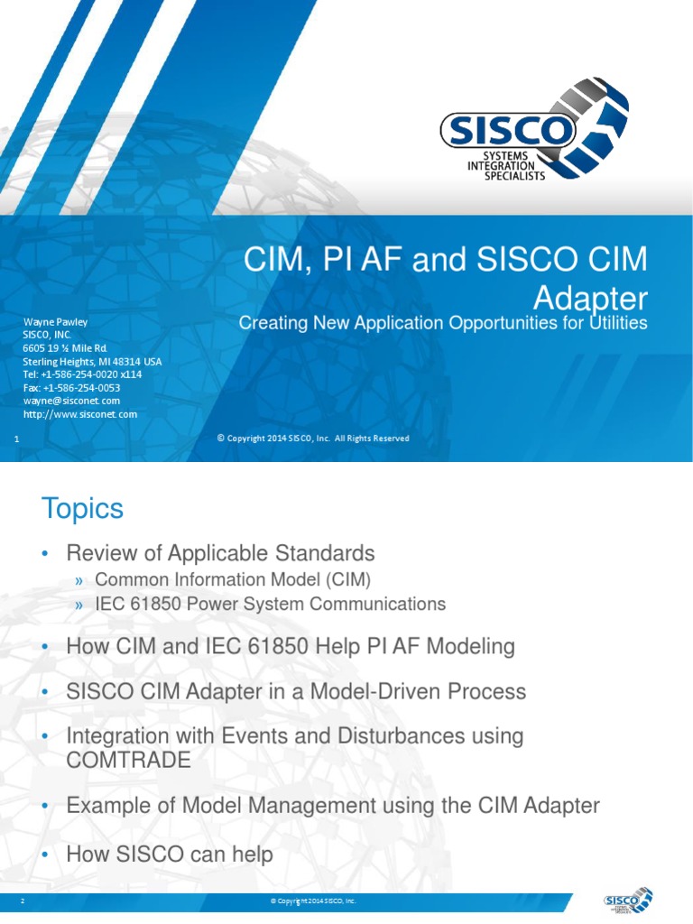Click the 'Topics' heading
pyautogui.click(x=82, y=509)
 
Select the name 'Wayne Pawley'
pyautogui.click(x=55, y=321)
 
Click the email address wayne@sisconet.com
pyautogui.click(x=71, y=401)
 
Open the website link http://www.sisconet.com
pyautogui.click(x=79, y=414)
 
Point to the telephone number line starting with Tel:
pyautogui.click(x=82, y=374)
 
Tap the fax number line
pyautogui.click(x=71, y=388)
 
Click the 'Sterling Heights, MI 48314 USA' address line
pyautogui.click(x=92, y=361)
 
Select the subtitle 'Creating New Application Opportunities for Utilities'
pyautogui.click(x=443, y=323)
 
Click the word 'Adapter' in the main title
pyautogui.click(x=590, y=297)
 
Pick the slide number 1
pyautogui.click(x=18, y=439)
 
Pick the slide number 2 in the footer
pyautogui.click(x=22, y=901)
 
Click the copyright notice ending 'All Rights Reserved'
pyautogui.click(x=313, y=439)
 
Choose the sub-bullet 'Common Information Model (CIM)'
pyautogui.click(x=233, y=579)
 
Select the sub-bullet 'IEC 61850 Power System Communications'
pyautogui.click(x=270, y=604)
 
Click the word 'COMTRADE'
pyautogui.click(x=129, y=761)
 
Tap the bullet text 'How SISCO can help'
pyautogui.click(x=170, y=854)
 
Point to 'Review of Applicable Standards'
pyautogui.click(x=220, y=552)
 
